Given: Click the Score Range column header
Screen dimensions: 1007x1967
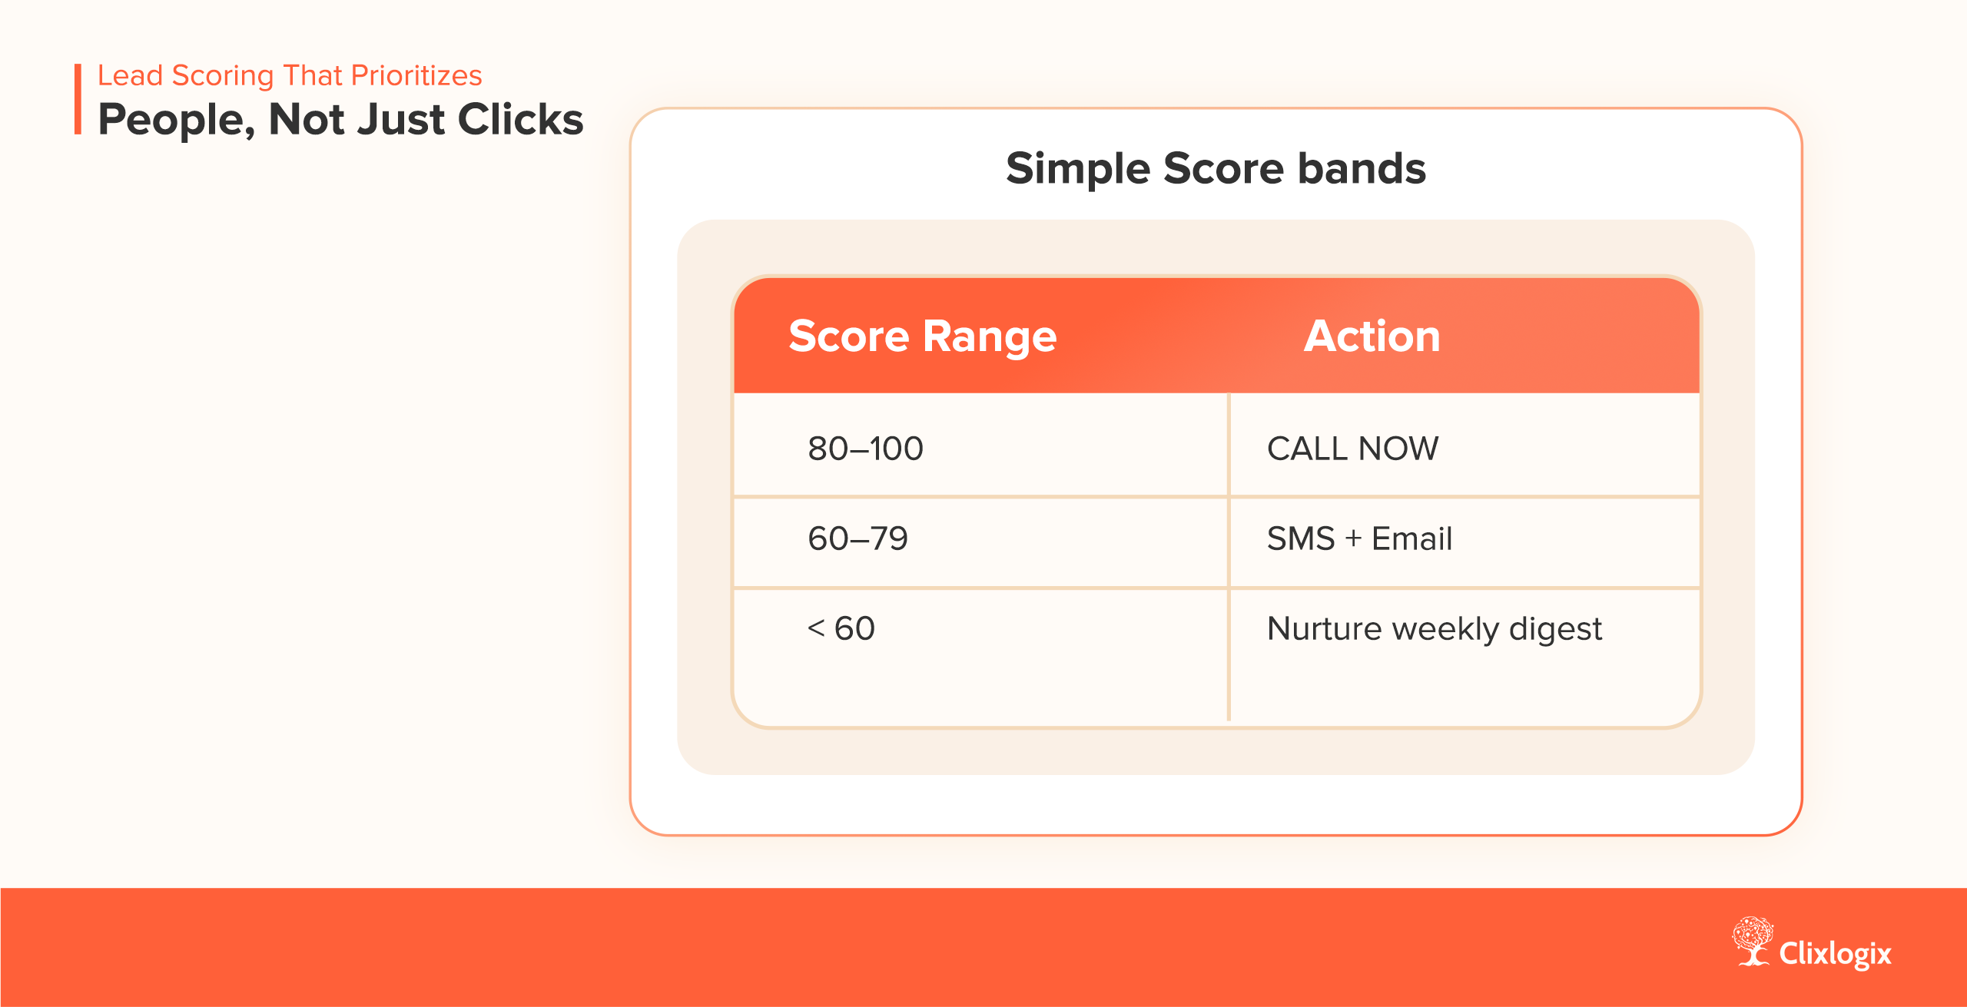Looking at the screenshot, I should click(x=922, y=336).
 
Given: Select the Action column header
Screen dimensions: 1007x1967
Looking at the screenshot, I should click(x=1372, y=336).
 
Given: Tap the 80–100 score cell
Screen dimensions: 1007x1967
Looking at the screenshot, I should click(x=865, y=449).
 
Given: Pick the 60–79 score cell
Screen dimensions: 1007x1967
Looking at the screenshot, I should click(x=857, y=538).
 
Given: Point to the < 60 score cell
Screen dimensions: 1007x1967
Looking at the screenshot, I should click(x=841, y=628).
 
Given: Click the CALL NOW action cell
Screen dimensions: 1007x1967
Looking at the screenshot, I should click(x=1352, y=449).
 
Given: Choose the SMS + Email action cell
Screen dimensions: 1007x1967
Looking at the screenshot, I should click(x=1359, y=538).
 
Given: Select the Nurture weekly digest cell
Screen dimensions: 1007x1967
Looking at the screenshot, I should click(x=1434, y=628).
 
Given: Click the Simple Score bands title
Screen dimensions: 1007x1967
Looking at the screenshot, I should click(x=1216, y=168).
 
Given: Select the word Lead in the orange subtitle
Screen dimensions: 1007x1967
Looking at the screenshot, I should click(x=130, y=75).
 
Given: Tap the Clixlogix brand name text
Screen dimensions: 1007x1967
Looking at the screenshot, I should click(x=1835, y=953).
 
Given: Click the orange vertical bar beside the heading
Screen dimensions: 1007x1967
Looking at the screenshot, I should click(x=78, y=99).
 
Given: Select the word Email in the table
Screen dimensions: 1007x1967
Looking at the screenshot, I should click(x=1411, y=538).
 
